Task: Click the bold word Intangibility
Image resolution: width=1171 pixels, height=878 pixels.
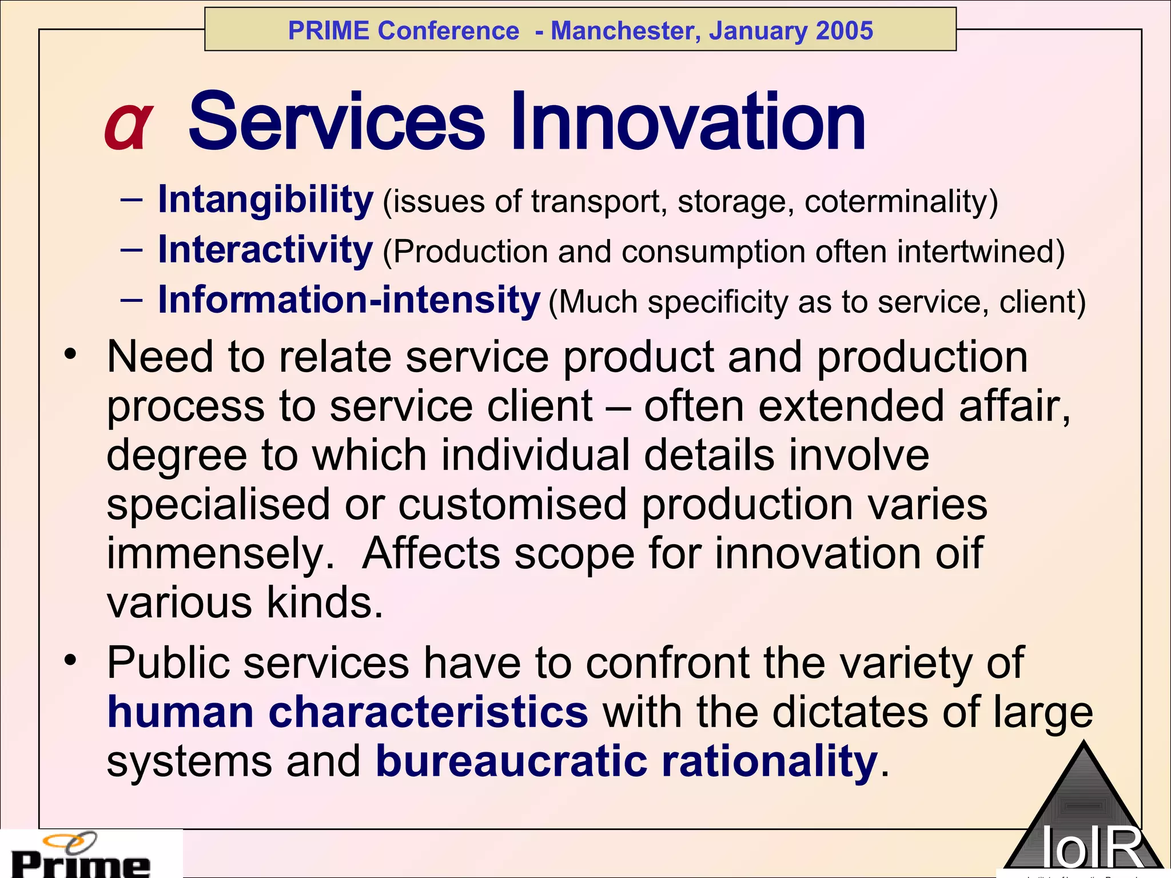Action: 265,200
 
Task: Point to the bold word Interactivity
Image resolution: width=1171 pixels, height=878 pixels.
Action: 265,250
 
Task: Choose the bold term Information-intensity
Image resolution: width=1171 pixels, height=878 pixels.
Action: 349,300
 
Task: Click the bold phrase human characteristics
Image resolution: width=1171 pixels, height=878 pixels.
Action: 348,712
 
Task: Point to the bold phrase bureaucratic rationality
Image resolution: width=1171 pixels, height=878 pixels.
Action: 626,761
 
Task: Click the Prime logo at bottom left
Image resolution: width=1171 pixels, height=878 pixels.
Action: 80,856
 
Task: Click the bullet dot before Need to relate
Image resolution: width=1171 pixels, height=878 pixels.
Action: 70,355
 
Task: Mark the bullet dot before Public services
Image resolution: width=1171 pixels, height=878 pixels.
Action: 70,661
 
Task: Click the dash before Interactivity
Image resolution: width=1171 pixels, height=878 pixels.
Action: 132,250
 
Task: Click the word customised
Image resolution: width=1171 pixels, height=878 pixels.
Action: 512,504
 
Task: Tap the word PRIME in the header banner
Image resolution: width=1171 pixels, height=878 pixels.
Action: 328,30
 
